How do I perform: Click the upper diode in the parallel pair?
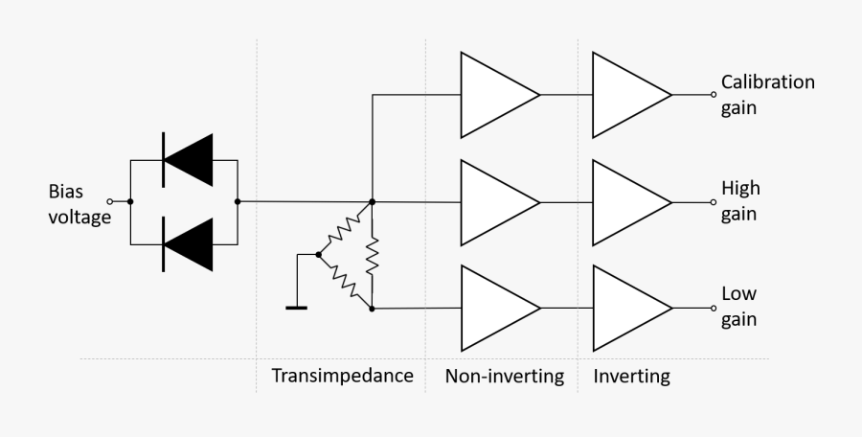pos(188,159)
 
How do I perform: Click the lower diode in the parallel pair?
pos(188,244)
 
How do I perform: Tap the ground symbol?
pos(297,307)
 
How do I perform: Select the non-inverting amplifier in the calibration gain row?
pos(493,95)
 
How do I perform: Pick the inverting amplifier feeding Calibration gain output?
pos(625,95)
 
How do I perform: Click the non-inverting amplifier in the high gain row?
pos(493,202)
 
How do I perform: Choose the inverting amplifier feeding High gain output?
pos(625,202)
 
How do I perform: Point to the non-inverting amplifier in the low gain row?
pos(493,309)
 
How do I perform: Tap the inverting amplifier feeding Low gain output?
pos(625,309)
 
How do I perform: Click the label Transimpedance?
pos(342,375)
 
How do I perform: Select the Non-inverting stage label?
pos(504,375)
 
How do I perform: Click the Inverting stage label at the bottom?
pos(631,375)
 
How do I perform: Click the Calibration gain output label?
pos(767,95)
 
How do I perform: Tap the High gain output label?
pos(740,201)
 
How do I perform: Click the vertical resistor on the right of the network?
pos(372,256)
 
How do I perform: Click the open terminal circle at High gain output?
pos(713,202)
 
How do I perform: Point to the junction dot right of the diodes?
pos(238,202)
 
